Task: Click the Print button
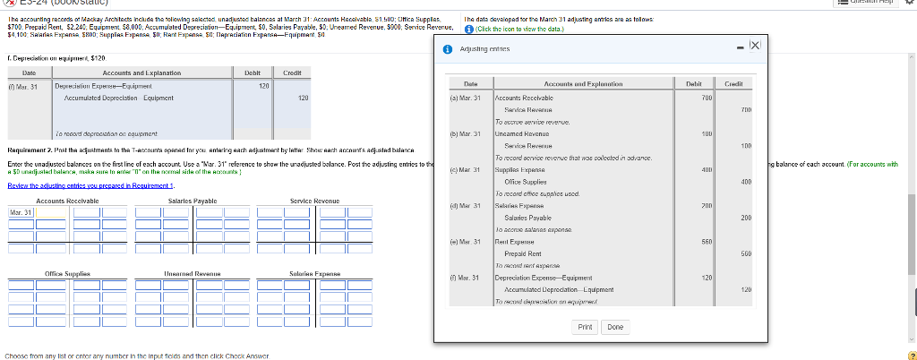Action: tap(585, 327)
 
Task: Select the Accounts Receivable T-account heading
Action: tap(66, 201)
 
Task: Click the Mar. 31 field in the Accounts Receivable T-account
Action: tap(21, 212)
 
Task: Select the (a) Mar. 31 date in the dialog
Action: tap(467, 97)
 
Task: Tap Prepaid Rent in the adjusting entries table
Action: tap(527, 253)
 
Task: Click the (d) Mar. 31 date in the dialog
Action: tap(467, 206)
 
